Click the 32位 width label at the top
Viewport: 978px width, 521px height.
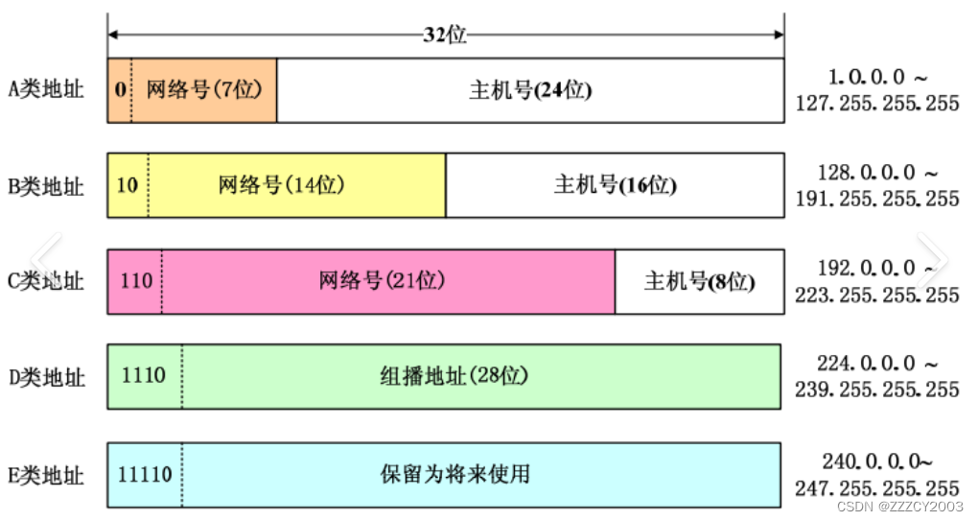click(445, 35)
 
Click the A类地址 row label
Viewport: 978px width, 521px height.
click(46, 90)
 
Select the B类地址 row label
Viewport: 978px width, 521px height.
click(46, 186)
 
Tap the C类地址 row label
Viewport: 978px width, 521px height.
click(46, 282)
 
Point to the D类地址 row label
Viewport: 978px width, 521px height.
click(46, 377)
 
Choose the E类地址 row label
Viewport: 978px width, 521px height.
click(46, 475)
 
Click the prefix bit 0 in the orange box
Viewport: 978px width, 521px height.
click(119, 91)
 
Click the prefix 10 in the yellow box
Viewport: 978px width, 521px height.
click(127, 185)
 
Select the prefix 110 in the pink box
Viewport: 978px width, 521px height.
click(136, 281)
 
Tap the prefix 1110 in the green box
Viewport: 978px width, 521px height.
click(144, 375)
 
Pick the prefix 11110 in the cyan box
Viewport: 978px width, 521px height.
click(145, 474)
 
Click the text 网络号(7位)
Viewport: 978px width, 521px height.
click(204, 91)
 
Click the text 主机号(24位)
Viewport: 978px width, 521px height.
click(530, 91)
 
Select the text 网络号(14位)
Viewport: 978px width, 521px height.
click(281, 185)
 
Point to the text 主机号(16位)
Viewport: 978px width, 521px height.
click(615, 185)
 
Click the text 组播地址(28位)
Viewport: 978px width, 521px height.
click(454, 376)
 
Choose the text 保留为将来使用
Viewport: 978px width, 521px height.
click(454, 474)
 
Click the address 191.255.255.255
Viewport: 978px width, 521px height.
click(876, 199)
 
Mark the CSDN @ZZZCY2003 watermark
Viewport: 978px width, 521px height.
click(899, 506)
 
